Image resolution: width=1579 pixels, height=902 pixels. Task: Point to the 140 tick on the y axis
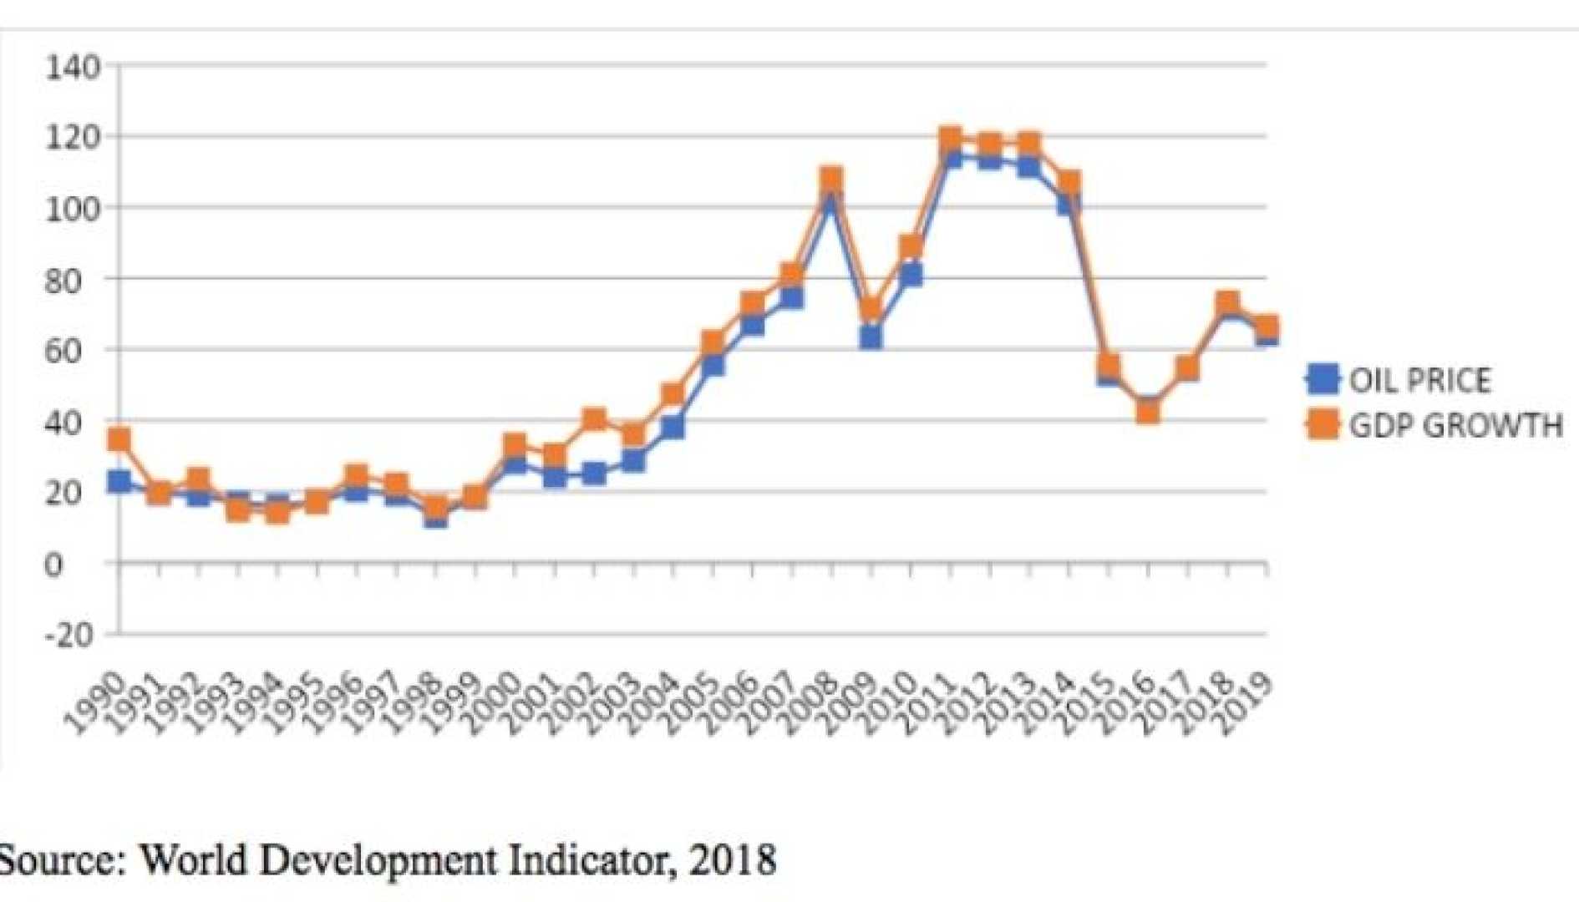point(73,67)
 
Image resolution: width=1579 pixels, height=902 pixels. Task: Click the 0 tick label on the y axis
point(53,565)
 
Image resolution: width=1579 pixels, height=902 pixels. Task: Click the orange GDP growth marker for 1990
point(119,439)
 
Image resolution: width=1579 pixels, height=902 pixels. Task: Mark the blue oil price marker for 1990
point(119,481)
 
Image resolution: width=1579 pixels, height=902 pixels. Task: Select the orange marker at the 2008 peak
point(831,179)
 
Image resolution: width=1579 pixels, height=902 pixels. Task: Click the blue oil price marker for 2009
point(871,337)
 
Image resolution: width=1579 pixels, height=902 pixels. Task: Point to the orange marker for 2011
point(950,139)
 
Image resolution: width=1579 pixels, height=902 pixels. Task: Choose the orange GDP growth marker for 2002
point(594,418)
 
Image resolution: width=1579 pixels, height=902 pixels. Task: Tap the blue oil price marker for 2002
point(594,474)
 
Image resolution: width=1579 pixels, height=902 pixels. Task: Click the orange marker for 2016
point(1148,411)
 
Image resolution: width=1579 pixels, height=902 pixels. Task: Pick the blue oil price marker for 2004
point(673,428)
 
